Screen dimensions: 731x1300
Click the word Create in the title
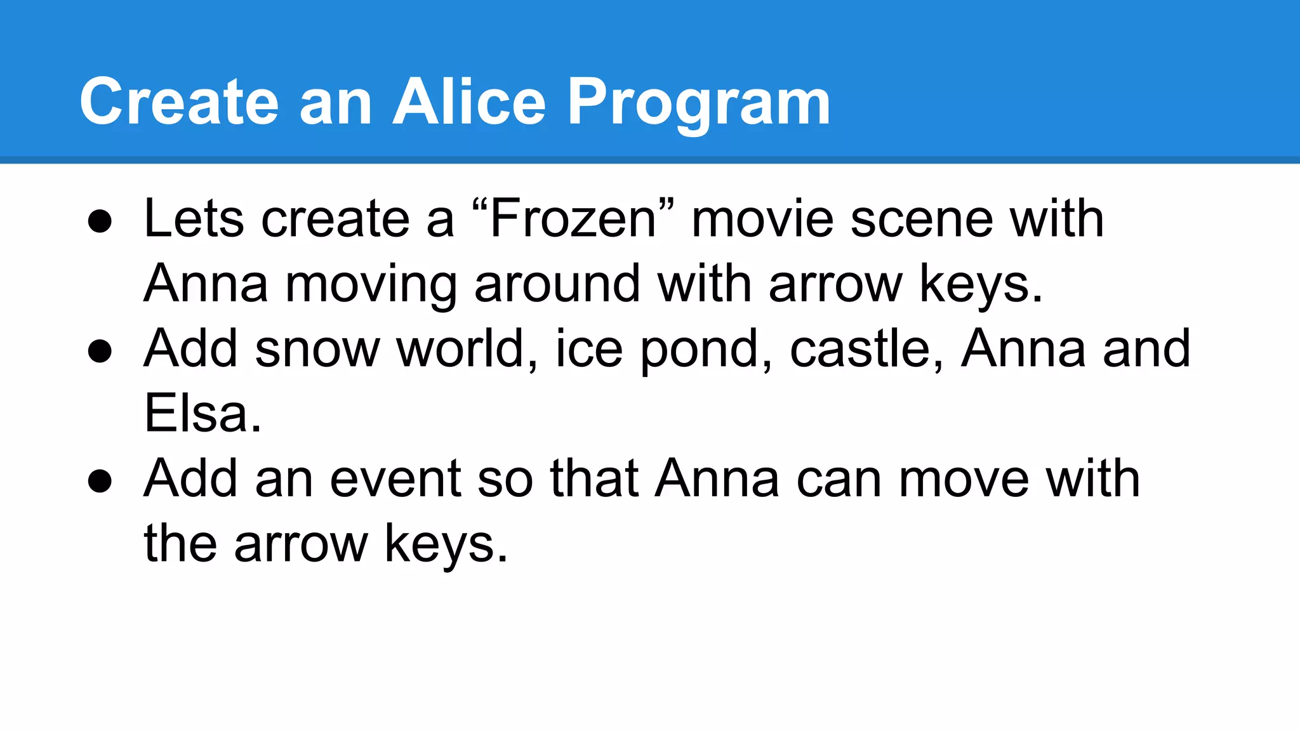click(179, 102)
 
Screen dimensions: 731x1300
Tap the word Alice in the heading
click(468, 102)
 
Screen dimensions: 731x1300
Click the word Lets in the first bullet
click(194, 219)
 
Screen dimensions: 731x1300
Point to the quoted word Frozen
click(573, 219)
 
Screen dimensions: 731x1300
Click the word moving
click(371, 285)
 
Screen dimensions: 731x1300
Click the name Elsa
click(202, 414)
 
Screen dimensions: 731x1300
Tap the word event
click(395, 479)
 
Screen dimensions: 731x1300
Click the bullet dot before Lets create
click(100, 222)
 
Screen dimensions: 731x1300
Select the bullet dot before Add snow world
click(100, 352)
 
